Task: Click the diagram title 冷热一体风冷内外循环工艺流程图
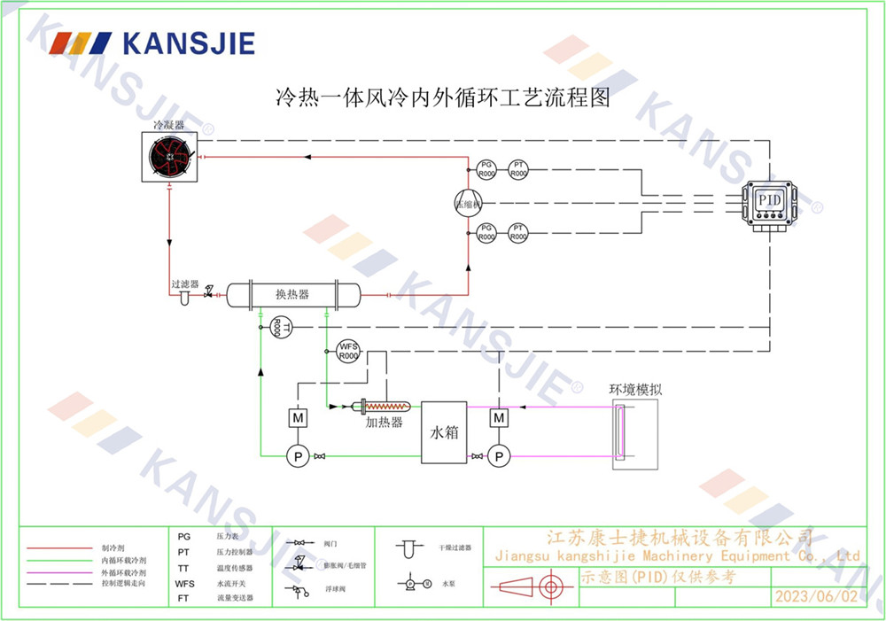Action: point(443,96)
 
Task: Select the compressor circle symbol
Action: point(467,203)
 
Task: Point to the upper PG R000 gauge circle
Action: point(486,169)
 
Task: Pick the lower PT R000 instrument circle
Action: point(518,233)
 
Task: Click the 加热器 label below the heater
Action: point(384,423)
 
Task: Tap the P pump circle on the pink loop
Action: point(500,456)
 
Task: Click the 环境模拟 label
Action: point(636,388)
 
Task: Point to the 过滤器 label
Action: point(185,284)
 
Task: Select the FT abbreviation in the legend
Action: point(183,598)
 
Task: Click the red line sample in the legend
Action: point(59,549)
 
